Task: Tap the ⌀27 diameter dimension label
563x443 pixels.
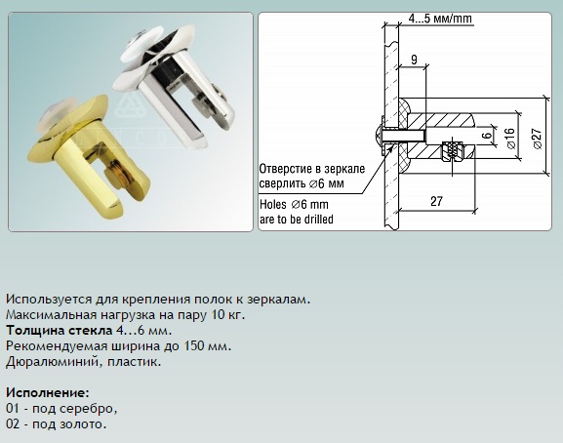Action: (x=538, y=139)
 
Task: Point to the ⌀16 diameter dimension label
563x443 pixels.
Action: (x=511, y=139)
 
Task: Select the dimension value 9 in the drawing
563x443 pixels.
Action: (x=414, y=60)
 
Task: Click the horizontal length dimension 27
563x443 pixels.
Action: (x=436, y=201)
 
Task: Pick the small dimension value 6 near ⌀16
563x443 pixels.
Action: (x=487, y=136)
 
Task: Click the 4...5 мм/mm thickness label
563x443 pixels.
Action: (x=440, y=18)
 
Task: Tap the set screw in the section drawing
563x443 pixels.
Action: (x=453, y=149)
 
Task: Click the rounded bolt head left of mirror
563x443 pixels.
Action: (x=377, y=135)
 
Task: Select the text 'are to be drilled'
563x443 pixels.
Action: (x=297, y=219)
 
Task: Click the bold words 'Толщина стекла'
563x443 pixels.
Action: (x=60, y=330)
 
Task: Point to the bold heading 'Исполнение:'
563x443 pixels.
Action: (x=48, y=392)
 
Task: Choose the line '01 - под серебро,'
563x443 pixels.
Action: (x=61, y=409)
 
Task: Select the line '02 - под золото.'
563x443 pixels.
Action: (x=57, y=424)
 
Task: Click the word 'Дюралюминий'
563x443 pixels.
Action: (x=52, y=361)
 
